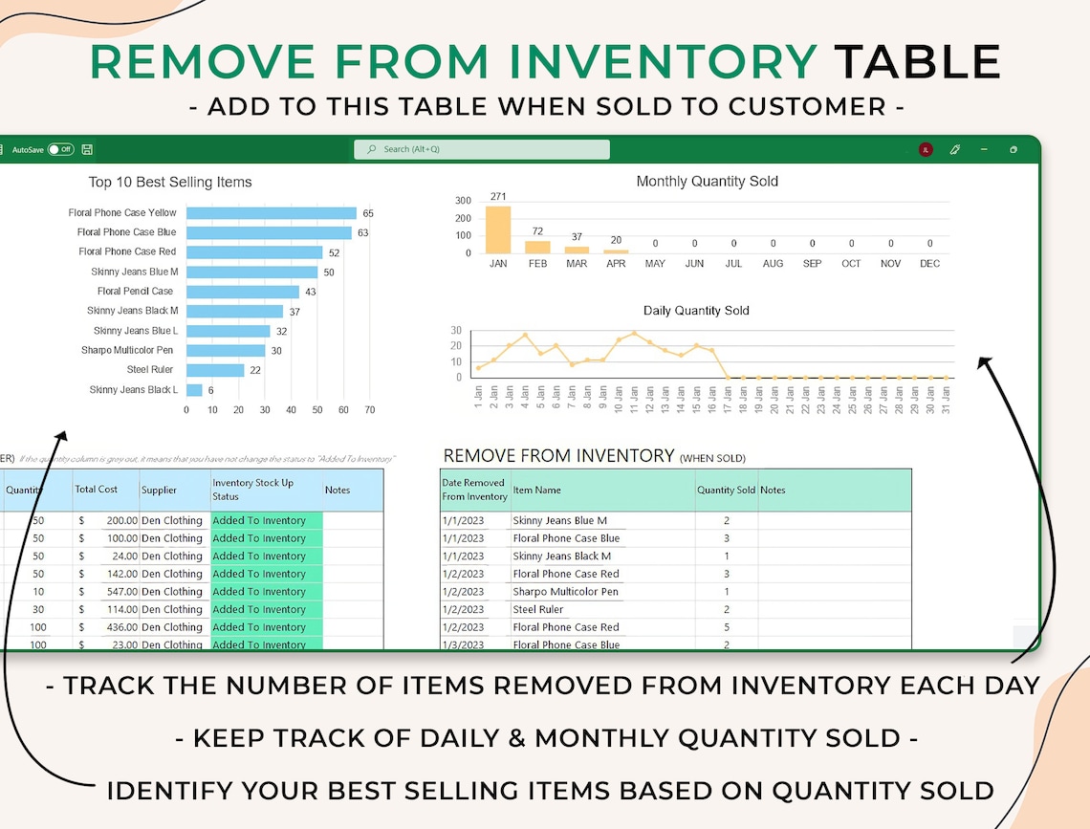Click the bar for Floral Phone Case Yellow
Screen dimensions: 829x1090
271,213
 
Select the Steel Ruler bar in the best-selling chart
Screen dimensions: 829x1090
215,370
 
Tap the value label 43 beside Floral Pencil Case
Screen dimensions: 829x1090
311,292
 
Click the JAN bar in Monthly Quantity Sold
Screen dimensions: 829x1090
498,229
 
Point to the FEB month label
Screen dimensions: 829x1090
538,264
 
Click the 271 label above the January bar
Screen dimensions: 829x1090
498,196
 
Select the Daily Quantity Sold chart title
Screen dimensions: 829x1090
696,311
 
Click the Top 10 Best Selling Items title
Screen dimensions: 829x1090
170,182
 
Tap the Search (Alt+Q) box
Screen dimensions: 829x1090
482,149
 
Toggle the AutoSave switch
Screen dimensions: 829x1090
60,149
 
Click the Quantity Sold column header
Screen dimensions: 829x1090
726,490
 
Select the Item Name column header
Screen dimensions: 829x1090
536,490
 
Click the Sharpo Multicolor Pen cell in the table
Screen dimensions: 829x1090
565,592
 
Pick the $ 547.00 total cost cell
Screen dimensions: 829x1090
105,592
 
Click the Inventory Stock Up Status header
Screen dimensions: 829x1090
252,489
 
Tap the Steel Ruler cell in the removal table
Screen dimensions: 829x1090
538,609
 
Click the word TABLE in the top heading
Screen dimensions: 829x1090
917,62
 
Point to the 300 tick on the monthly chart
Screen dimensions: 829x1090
463,201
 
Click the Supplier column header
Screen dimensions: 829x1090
159,490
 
